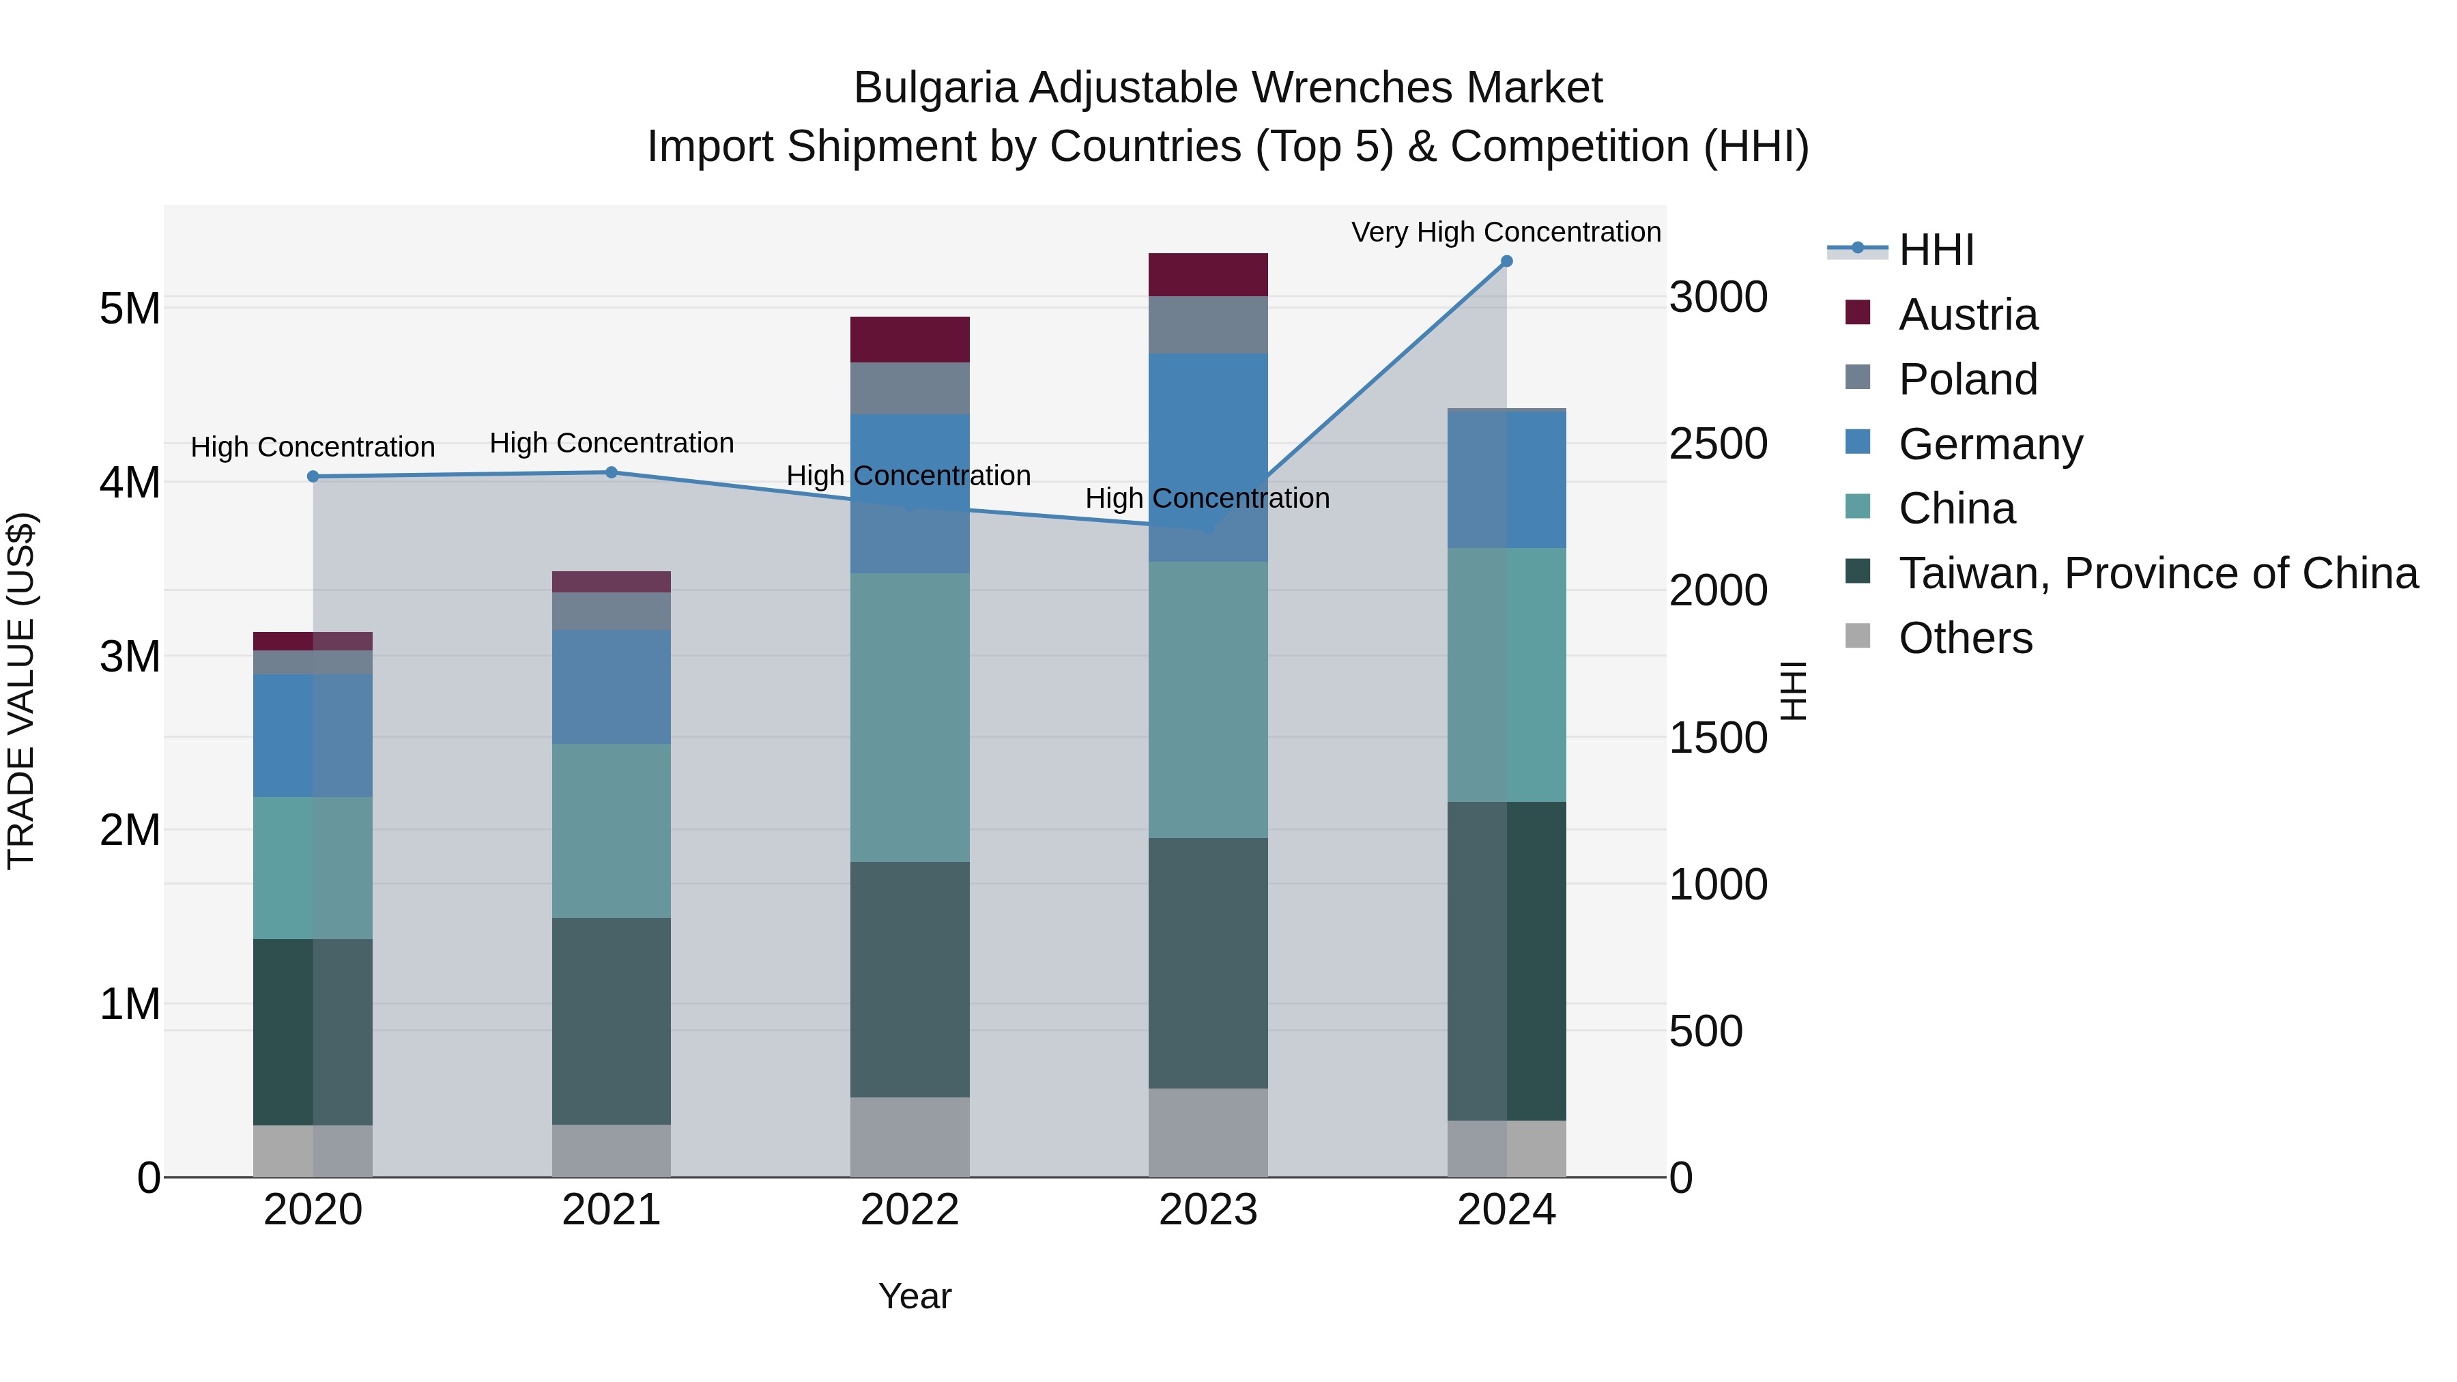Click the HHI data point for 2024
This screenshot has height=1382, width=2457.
(x=1506, y=261)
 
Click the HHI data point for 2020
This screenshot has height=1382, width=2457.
(x=313, y=476)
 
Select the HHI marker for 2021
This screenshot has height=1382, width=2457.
(x=612, y=472)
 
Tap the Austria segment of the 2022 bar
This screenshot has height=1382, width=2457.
(x=909, y=340)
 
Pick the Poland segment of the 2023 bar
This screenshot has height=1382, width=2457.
(x=1207, y=326)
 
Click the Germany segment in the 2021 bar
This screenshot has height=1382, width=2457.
(x=612, y=687)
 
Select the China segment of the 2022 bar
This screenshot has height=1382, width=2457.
(x=909, y=717)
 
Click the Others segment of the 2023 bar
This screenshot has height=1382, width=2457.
(x=1207, y=1132)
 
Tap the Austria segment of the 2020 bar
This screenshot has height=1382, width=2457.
(x=313, y=641)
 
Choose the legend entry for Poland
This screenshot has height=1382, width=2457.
(x=1967, y=379)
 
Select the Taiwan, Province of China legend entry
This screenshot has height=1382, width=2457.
(x=2157, y=573)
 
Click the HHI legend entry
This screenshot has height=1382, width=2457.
(x=1936, y=250)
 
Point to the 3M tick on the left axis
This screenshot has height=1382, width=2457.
(x=130, y=656)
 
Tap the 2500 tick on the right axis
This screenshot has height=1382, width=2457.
(x=1718, y=444)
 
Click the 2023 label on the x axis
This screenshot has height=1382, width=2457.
(x=1207, y=1210)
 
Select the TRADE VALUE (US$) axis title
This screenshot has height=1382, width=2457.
(x=22, y=691)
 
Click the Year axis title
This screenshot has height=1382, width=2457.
(x=914, y=1296)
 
